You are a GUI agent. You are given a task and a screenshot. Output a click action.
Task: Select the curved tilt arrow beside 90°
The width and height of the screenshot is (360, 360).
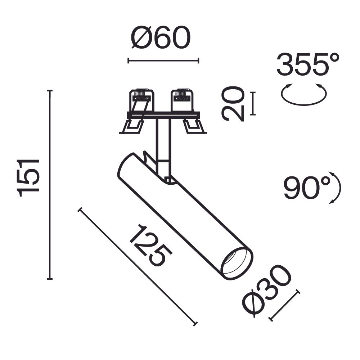click(336, 188)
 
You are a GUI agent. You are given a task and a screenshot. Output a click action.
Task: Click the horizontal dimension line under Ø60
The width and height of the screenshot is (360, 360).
click(163, 60)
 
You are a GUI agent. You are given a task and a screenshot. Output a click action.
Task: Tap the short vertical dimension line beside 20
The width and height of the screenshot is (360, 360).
click(253, 103)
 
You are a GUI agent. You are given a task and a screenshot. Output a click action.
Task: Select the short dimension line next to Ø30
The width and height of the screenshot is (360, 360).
click(284, 305)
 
